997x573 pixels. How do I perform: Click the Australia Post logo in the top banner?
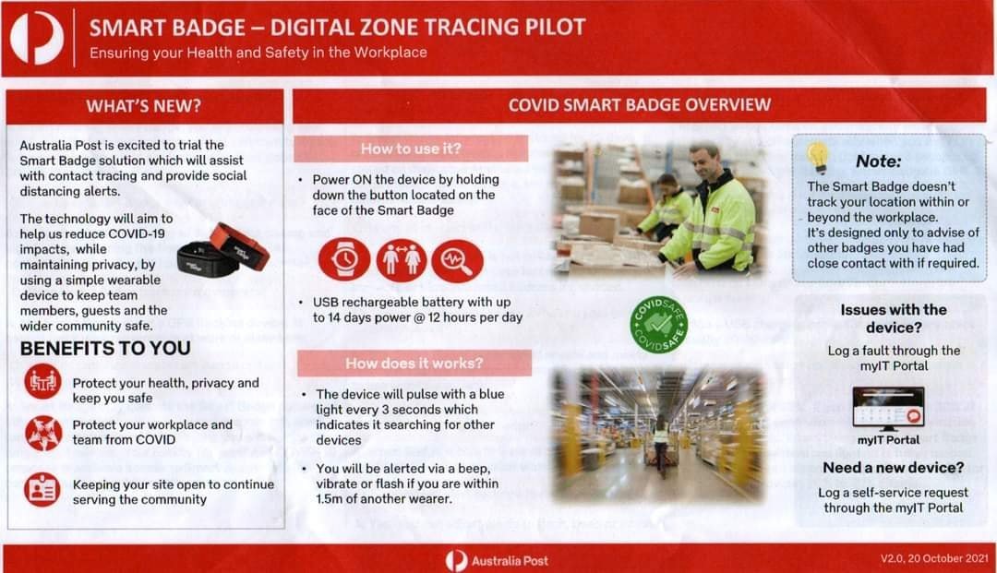point(37,38)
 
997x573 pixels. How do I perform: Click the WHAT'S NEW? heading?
point(144,105)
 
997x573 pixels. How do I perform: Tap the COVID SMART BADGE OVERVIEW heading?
point(639,105)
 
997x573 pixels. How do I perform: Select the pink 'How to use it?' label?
point(411,149)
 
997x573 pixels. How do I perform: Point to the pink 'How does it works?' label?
point(414,364)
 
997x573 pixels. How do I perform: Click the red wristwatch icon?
point(344,259)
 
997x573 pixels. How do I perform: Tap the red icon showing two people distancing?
point(402,259)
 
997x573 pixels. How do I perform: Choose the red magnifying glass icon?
point(457,260)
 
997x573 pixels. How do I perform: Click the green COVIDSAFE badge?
point(658,324)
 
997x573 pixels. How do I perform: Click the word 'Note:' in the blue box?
point(878,161)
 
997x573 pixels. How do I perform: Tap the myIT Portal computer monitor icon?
point(888,409)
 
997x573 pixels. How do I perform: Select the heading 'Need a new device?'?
point(893,468)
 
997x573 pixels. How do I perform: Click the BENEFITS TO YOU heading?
point(105,348)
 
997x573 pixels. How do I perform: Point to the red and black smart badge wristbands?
point(223,250)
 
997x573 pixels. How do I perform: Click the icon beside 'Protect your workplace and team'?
point(43,433)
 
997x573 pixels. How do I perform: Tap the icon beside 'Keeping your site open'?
point(42,489)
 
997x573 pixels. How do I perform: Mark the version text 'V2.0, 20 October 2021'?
point(934,558)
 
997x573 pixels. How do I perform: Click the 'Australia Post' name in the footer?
point(510,561)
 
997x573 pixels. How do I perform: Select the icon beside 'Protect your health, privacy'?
point(43,382)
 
